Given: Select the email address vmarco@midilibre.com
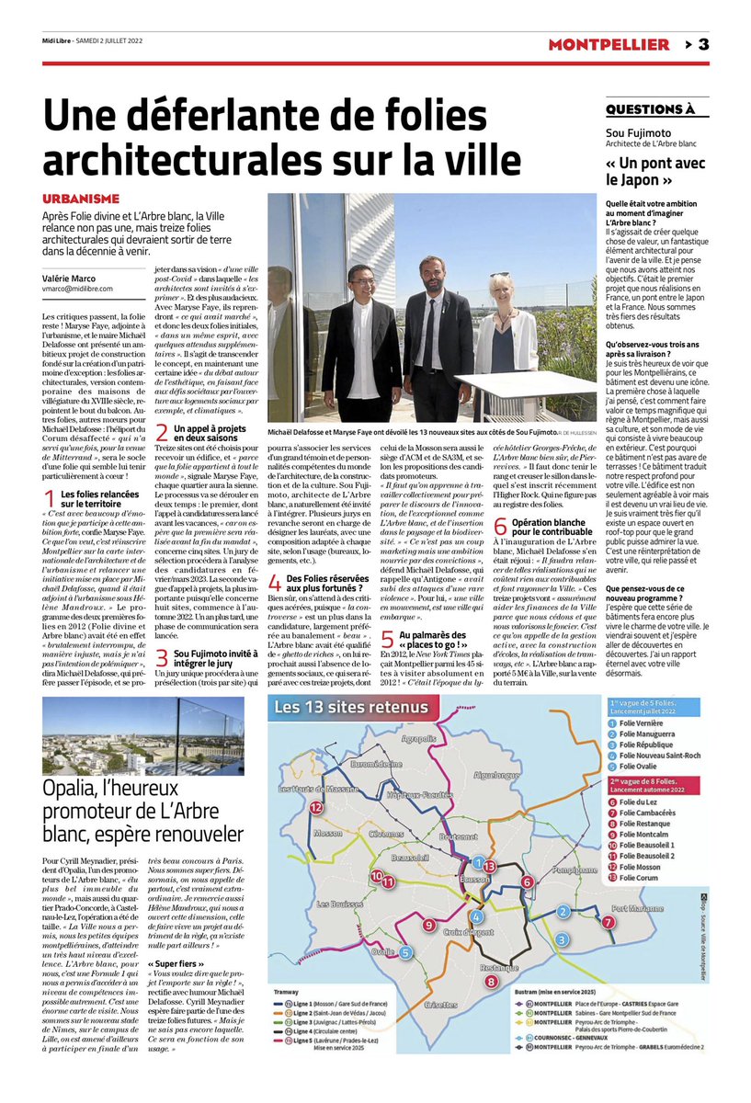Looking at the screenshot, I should (78, 289).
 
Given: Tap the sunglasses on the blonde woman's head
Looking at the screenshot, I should (500, 275).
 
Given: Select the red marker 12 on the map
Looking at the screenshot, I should (316, 807).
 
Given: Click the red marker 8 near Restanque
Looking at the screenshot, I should (491, 982).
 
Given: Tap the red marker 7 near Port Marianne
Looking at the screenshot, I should (607, 922).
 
